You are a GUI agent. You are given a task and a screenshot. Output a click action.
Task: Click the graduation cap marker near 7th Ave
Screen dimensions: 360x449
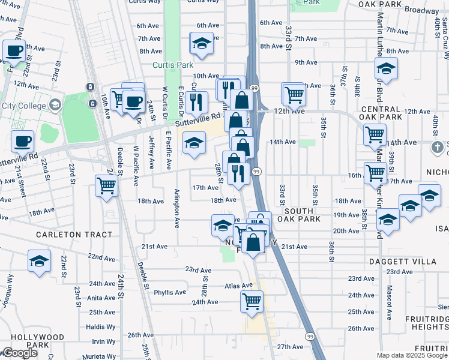202,43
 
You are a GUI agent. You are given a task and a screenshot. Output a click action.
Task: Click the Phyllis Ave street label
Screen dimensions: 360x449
170,293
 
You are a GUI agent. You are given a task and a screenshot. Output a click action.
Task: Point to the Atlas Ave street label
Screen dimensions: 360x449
239,286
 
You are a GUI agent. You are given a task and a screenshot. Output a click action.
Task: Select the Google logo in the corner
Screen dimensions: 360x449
19,353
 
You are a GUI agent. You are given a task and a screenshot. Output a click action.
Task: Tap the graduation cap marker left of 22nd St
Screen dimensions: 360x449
39,262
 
